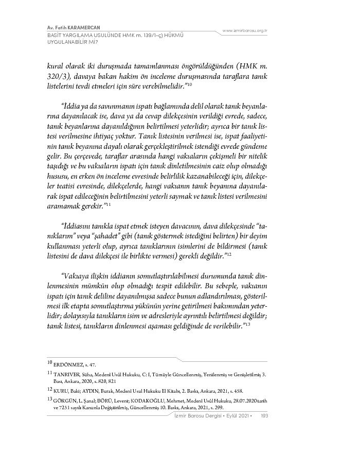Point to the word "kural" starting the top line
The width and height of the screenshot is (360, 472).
click(56, 66)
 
